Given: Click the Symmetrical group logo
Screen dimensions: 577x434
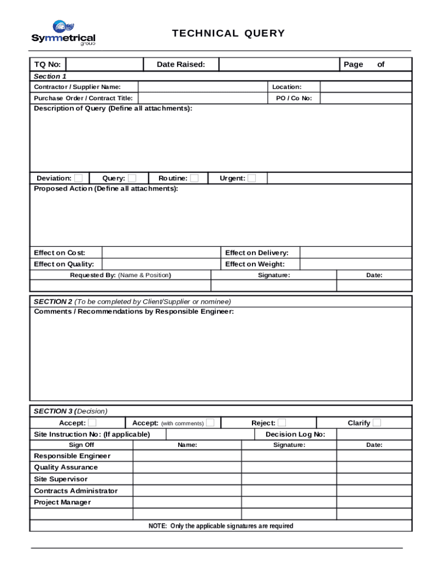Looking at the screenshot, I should [63, 33].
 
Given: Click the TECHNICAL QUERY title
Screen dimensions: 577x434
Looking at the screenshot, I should [228, 33].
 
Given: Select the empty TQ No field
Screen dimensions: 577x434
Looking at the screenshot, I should [104, 64].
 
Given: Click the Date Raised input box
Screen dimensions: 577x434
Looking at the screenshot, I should [279, 64].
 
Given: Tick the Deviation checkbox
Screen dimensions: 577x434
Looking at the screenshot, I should [78, 178].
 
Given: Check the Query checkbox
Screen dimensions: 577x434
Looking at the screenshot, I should [132, 178].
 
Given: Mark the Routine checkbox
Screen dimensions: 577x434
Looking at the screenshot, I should [194, 178].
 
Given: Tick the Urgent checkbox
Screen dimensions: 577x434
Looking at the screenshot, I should [251, 178].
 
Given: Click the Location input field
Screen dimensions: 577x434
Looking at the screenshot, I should [366, 87].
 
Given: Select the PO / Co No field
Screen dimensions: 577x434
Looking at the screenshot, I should [366, 98].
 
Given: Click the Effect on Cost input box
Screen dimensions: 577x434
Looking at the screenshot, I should [160, 252].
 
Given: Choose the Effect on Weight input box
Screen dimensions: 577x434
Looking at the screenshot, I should [355, 264].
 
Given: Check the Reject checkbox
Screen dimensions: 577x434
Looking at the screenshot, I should [282, 423].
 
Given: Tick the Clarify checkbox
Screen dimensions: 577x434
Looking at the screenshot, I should [377, 423].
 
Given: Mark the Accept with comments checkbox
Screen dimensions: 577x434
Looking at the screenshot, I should [210, 423].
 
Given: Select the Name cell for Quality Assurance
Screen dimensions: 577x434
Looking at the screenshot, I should [187, 467].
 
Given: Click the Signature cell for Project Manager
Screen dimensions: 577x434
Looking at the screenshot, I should [289, 502].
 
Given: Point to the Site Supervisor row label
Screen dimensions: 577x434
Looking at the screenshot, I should [61, 479].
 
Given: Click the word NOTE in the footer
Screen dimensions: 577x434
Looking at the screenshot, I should [157, 526].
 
